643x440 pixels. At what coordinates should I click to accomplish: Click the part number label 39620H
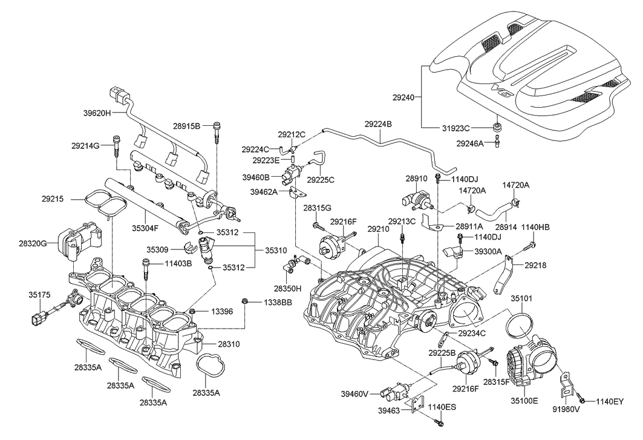pyautogui.click(x=97, y=113)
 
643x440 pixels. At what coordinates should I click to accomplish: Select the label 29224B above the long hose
pyautogui.click(x=378, y=124)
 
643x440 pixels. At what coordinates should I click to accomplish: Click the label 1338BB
pyautogui.click(x=278, y=301)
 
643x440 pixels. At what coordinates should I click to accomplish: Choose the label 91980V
pyautogui.click(x=567, y=409)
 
